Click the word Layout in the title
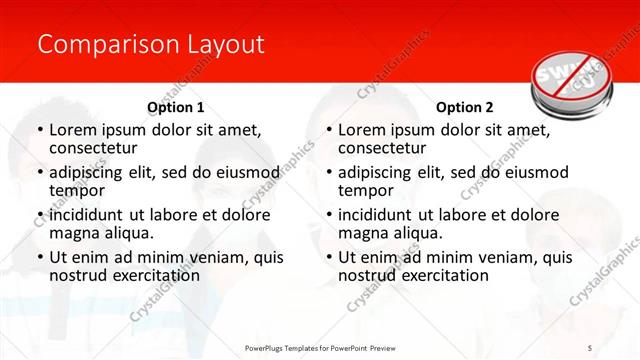pos(224,45)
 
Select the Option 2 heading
pos(465,106)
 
